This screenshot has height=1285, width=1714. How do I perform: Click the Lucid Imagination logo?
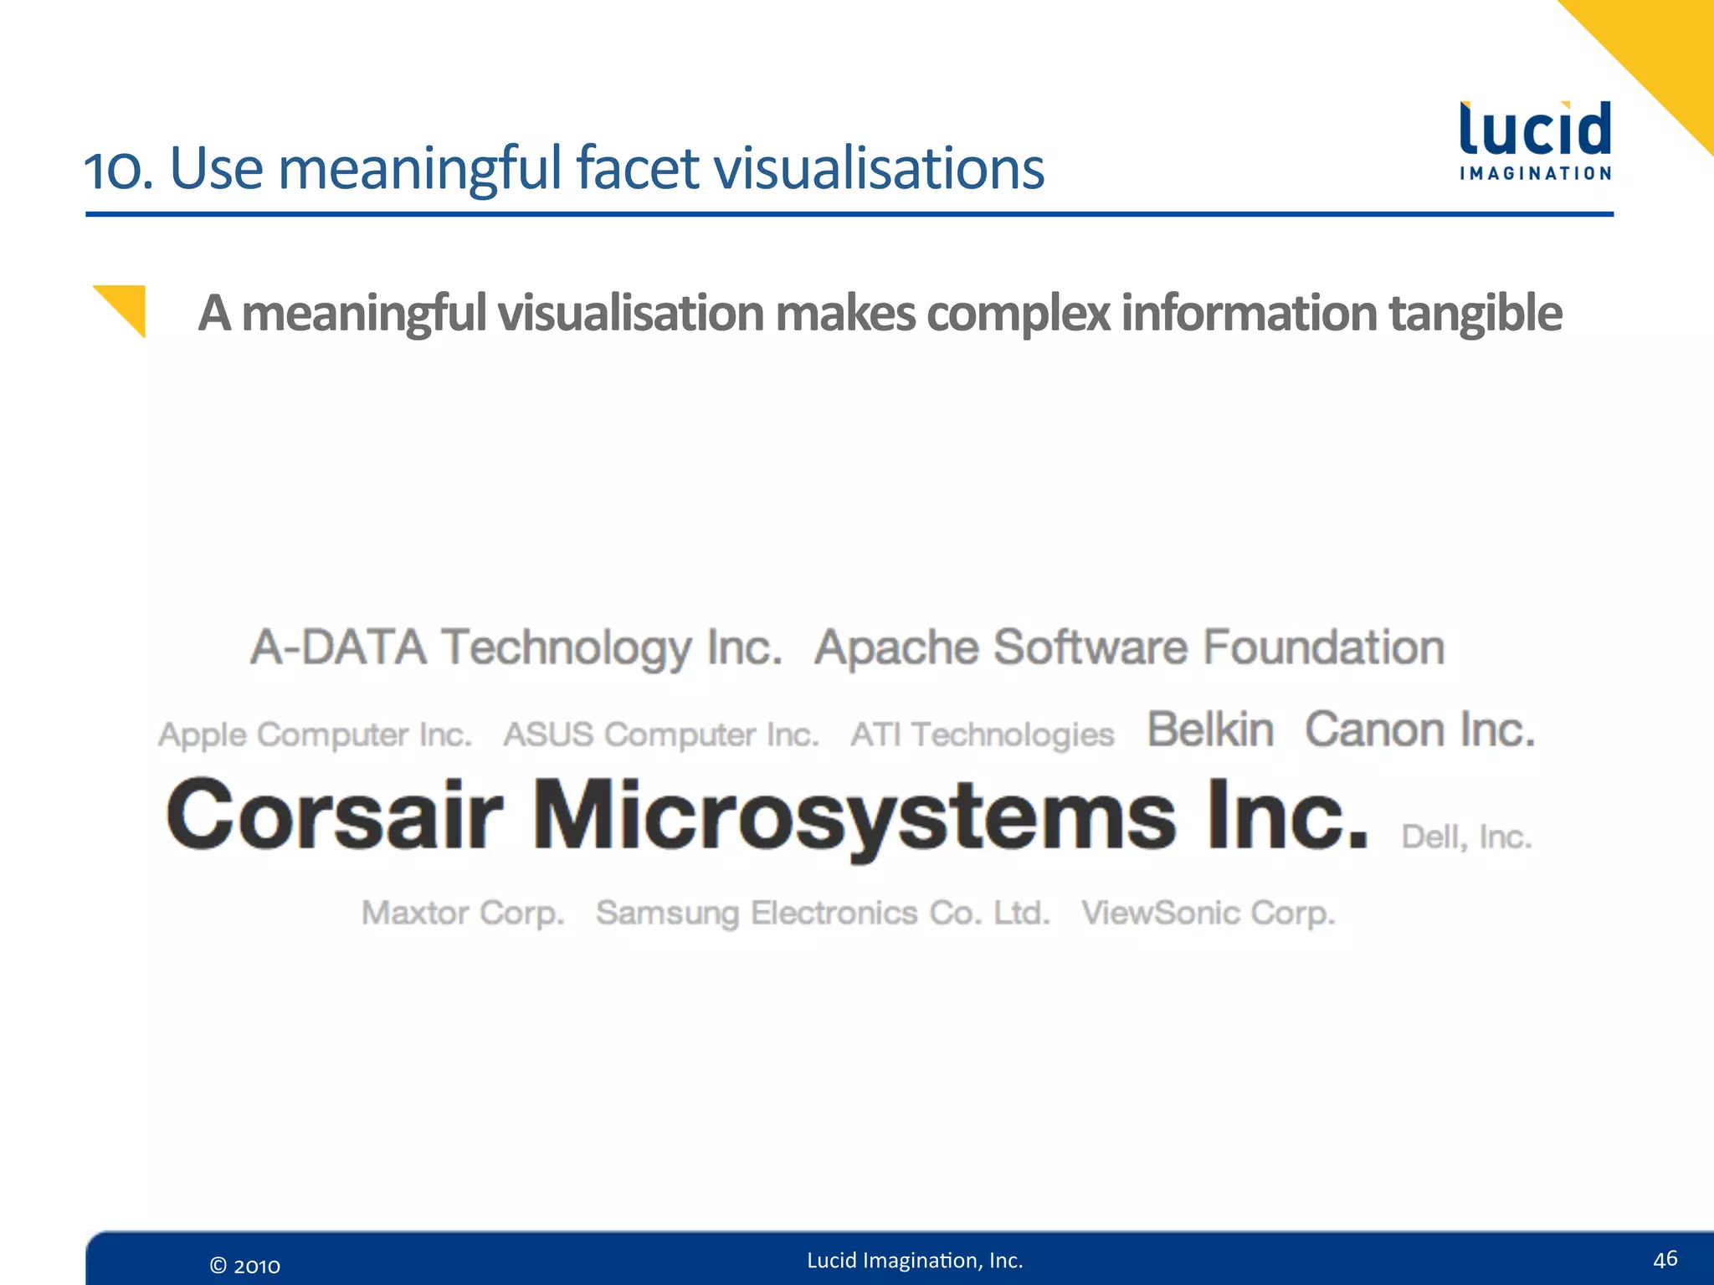click(x=1535, y=141)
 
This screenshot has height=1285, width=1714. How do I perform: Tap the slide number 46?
click(x=1665, y=1258)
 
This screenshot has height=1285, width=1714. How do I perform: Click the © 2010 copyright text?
click(x=244, y=1266)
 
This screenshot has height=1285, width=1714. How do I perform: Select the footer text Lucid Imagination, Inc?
click(x=915, y=1260)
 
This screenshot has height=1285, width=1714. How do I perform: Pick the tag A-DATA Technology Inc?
click(x=516, y=648)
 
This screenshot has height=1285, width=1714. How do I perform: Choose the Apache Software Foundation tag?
click(x=1130, y=648)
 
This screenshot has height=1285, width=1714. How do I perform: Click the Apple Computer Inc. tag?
click(x=316, y=735)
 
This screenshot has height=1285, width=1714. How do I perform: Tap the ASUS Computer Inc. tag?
click(x=661, y=735)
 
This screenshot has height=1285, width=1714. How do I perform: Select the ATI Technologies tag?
click(x=983, y=735)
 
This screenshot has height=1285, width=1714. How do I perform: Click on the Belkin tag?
click(x=1210, y=730)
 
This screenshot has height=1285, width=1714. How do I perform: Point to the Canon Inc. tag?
click(x=1420, y=730)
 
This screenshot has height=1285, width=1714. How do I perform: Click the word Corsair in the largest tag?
click(x=335, y=815)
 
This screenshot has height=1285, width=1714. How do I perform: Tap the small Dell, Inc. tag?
click(x=1466, y=837)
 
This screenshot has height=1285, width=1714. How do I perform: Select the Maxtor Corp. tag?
click(x=463, y=913)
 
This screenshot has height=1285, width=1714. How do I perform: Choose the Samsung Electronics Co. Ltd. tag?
click(x=823, y=913)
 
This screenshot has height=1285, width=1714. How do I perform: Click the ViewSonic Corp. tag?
click(x=1208, y=913)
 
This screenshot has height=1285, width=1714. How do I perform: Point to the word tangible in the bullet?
click(x=1475, y=314)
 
